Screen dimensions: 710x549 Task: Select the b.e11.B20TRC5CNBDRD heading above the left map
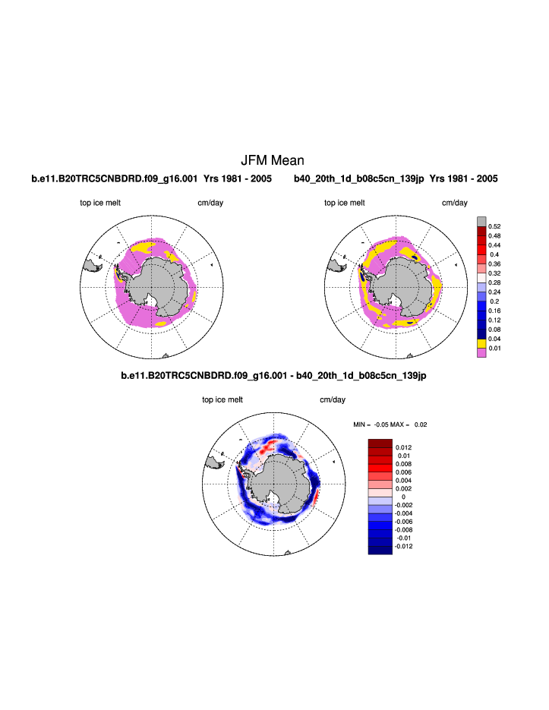click(x=151, y=179)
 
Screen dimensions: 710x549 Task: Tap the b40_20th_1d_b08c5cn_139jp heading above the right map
click(x=395, y=179)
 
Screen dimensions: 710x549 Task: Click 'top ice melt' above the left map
click(x=100, y=203)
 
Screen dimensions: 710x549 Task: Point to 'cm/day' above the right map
click(x=455, y=203)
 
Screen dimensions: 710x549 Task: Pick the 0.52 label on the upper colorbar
click(x=494, y=226)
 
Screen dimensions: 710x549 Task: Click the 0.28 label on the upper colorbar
click(x=494, y=283)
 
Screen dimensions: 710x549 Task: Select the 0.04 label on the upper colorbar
click(x=494, y=339)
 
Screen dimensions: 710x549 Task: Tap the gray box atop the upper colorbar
click(x=481, y=221)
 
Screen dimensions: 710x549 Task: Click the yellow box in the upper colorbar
click(x=481, y=344)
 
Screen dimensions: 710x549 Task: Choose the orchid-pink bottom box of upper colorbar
click(x=481, y=353)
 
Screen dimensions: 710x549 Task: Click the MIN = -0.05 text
click(x=371, y=424)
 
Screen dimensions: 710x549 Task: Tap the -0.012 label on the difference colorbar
click(x=405, y=546)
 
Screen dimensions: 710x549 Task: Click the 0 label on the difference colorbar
click(x=403, y=497)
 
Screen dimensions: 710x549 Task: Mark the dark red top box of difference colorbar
click(x=380, y=443)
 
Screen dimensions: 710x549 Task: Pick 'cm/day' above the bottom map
click(x=333, y=399)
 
